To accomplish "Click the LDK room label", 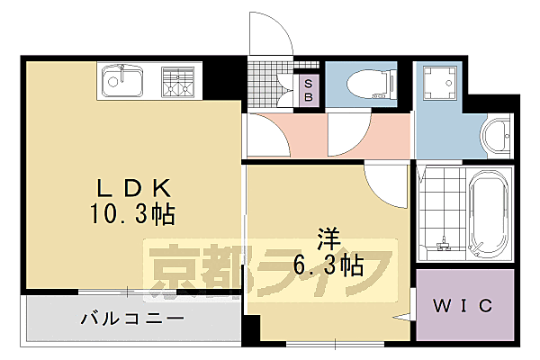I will point(133,189).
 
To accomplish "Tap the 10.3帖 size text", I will point(134,215).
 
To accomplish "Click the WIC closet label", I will point(465,306).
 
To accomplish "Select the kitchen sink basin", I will point(121,81).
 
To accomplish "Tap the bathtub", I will point(490,212).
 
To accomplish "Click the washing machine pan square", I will point(439,83).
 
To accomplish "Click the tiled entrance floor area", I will point(271,81).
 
